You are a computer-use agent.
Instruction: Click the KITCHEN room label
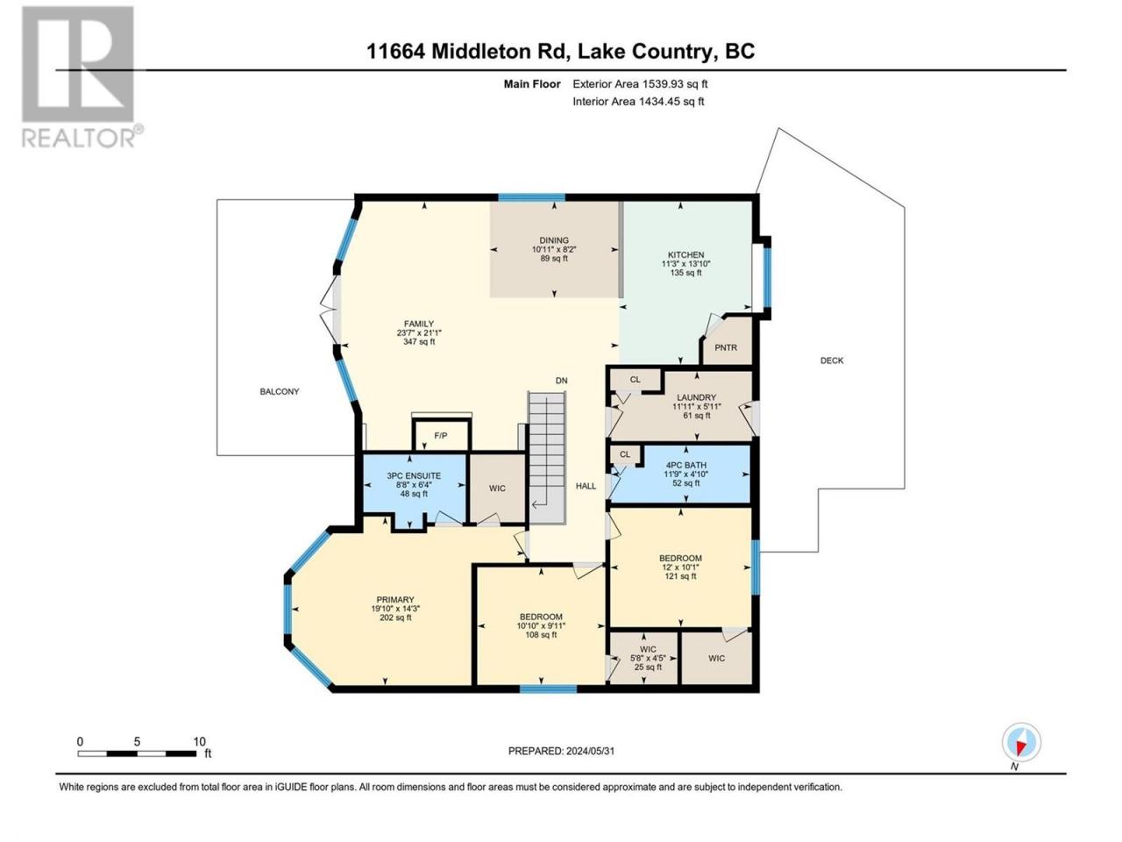pos(685,254)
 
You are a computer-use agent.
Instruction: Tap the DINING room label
pos(554,240)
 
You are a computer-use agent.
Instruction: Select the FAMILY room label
pos(419,324)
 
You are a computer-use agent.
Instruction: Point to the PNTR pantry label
pos(725,347)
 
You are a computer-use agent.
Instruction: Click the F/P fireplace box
pos(441,434)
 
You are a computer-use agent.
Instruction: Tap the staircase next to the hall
pos(547,457)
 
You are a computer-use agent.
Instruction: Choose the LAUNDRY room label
pos(696,397)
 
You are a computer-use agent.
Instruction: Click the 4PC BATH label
pos(686,465)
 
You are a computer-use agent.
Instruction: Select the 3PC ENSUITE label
pos(414,475)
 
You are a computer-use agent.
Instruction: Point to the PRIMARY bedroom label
pos(395,600)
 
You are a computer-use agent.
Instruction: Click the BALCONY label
pos(279,391)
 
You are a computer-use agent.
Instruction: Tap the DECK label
pos(832,360)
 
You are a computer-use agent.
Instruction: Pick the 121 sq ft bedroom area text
pos(680,576)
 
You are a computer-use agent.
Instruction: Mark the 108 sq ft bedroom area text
pos(541,635)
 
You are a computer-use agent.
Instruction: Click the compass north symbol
pos(1021,742)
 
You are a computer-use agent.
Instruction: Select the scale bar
pos(137,753)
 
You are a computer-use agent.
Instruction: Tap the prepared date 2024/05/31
pos(590,751)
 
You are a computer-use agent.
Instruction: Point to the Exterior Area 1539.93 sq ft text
pos(640,84)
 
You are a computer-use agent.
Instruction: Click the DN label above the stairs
pos(561,381)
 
